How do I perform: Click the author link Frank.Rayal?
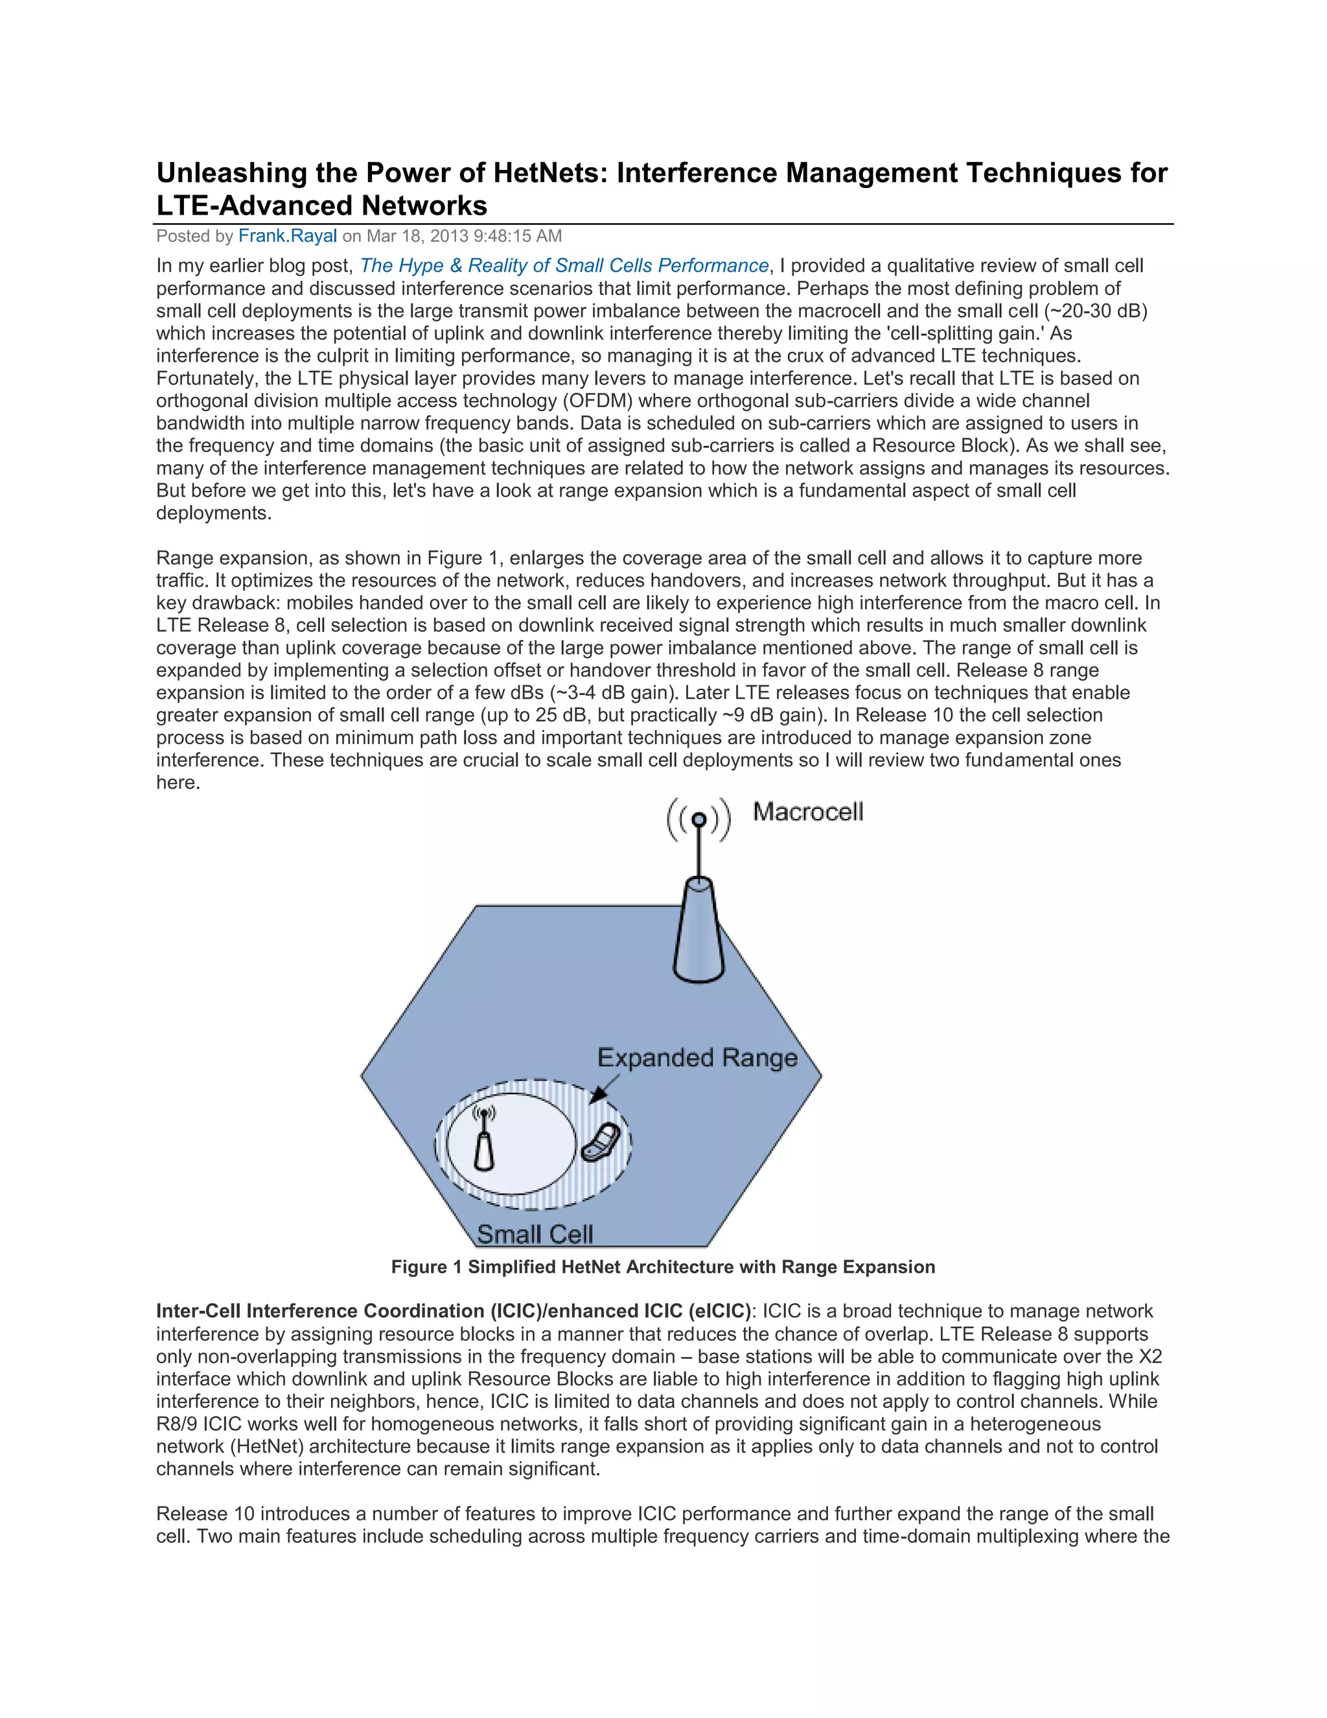click(x=287, y=236)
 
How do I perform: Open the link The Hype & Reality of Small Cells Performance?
click(x=564, y=266)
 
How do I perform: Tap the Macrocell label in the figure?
click(x=807, y=812)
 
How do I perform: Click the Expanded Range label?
click(x=697, y=1057)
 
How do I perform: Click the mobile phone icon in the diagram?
click(x=601, y=1142)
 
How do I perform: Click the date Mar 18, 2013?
click(x=417, y=236)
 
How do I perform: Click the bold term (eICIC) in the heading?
click(x=719, y=1312)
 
